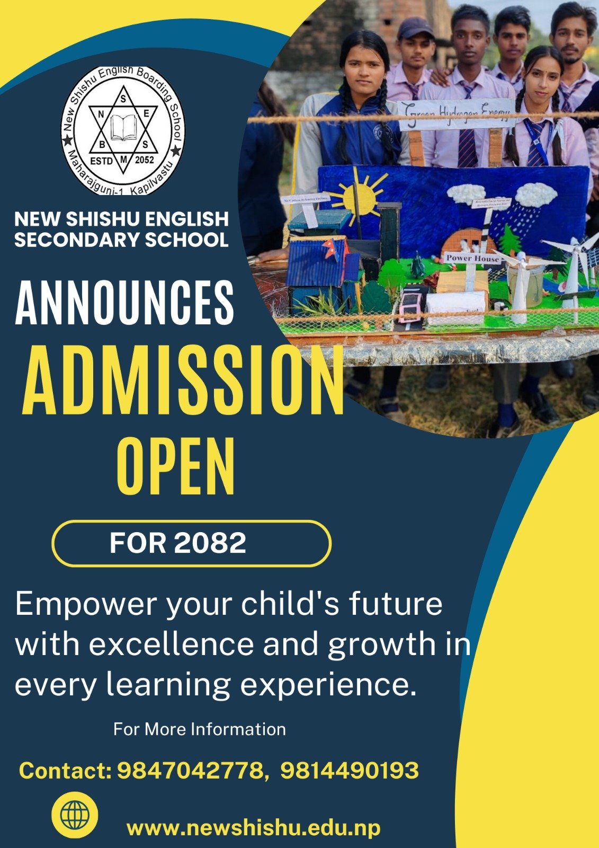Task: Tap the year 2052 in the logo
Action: [x=145, y=160]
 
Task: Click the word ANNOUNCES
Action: [x=124, y=303]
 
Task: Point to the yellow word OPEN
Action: [x=176, y=467]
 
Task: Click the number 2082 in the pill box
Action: [x=210, y=543]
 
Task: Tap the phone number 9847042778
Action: [x=190, y=770]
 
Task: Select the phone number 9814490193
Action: [x=350, y=770]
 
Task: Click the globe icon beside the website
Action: [x=75, y=815]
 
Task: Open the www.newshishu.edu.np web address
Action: [x=253, y=827]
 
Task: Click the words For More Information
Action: [x=199, y=729]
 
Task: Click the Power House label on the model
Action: [x=472, y=258]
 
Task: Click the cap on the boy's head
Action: [x=416, y=28]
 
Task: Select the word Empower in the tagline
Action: [x=86, y=604]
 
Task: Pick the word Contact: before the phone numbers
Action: [x=65, y=771]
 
